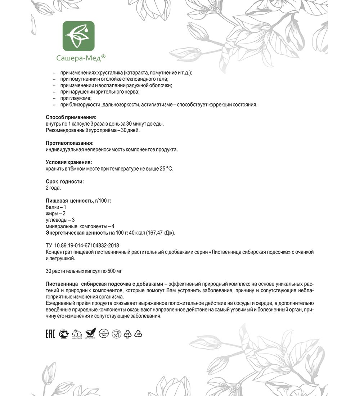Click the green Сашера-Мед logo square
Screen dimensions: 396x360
(78, 36)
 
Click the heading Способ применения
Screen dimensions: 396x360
(71, 117)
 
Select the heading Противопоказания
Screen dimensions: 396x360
(70, 143)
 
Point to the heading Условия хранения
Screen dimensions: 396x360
(69, 162)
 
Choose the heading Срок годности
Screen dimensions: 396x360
(65, 181)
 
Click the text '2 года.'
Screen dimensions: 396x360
(53, 188)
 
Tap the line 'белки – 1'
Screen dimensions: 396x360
(56, 207)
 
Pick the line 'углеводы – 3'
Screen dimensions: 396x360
(60, 220)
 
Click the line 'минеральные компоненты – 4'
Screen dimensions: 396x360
(80, 226)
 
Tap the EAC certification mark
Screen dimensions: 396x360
(50, 334)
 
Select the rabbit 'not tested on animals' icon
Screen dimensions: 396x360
(77, 334)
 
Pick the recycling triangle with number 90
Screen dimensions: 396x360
(138, 334)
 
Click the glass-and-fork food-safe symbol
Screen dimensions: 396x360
(116, 334)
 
